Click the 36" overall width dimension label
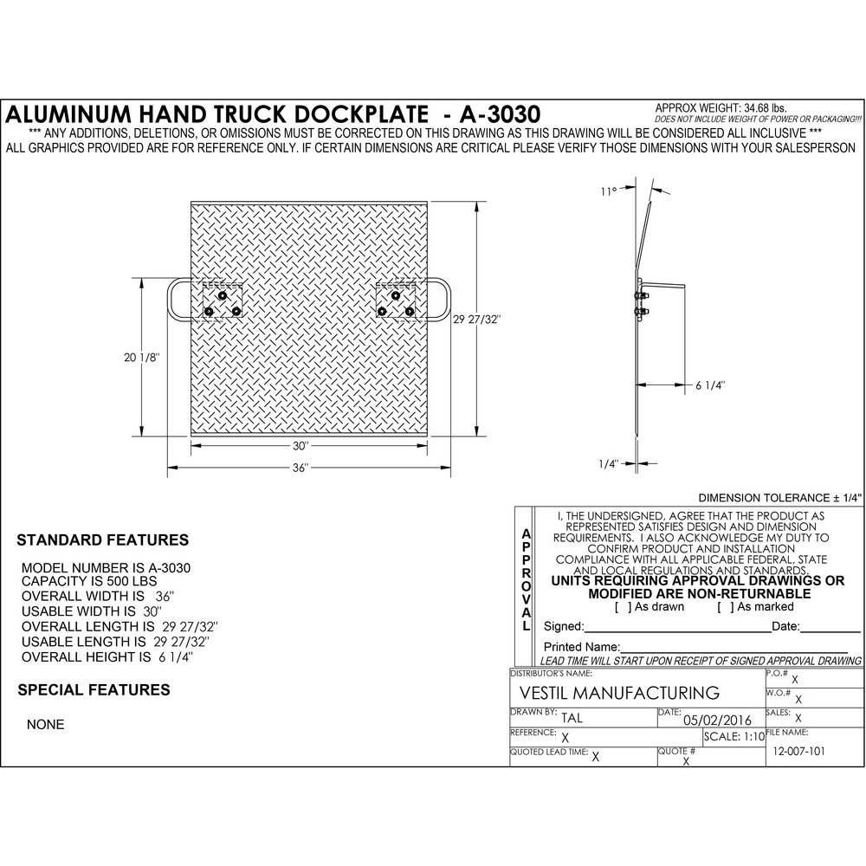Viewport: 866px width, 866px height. tap(300, 468)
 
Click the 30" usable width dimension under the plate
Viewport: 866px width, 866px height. tap(300, 446)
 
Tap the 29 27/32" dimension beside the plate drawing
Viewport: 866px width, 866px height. tap(476, 320)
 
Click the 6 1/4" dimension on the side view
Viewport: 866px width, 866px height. tap(710, 385)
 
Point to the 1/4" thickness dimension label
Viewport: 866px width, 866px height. tap(608, 464)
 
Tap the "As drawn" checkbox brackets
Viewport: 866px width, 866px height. tap(622, 607)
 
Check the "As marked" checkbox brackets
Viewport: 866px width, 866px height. tap(726, 607)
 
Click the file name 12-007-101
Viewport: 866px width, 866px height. tap(798, 752)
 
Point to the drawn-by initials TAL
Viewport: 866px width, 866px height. tap(572, 718)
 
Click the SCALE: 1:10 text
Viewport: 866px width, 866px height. tap(734, 736)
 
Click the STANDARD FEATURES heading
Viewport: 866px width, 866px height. tap(103, 540)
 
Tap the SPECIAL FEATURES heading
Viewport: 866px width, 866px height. tap(94, 690)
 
